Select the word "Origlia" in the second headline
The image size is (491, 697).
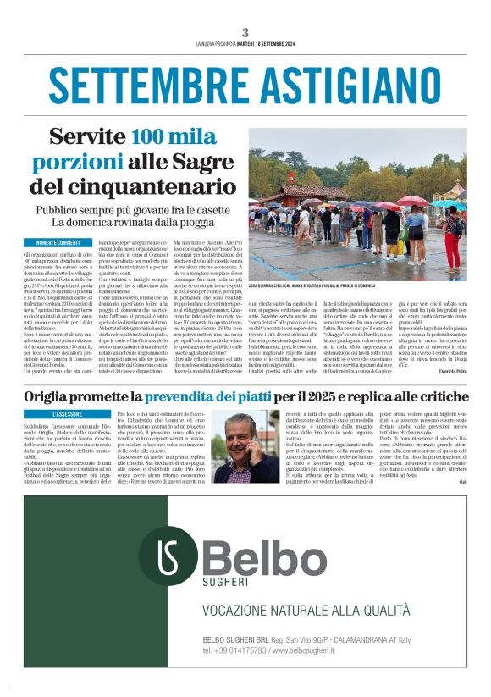point(55,396)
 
